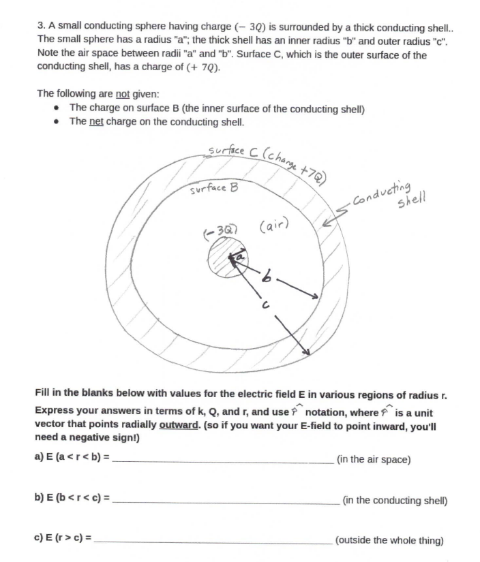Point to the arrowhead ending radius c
(x=307, y=351)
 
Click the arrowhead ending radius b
(x=314, y=296)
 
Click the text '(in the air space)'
(x=374, y=460)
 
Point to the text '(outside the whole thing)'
(x=389, y=541)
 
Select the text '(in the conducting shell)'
(x=394, y=501)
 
